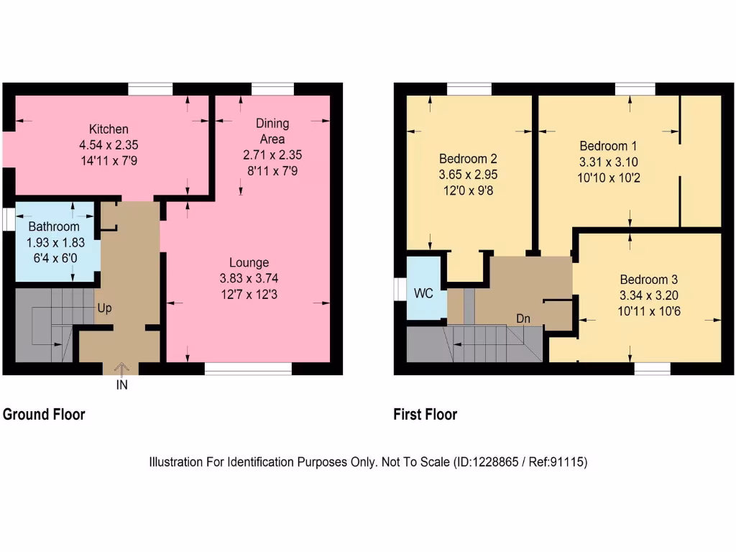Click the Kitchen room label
(x=109, y=129)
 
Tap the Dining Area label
(x=272, y=131)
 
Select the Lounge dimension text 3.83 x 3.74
(x=249, y=277)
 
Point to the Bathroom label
(x=54, y=227)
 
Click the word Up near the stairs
(x=105, y=308)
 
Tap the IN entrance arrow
(x=121, y=369)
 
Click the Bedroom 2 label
(x=468, y=158)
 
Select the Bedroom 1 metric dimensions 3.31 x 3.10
(x=608, y=162)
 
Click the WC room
(x=423, y=294)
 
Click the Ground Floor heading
(x=44, y=415)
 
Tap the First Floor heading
(x=425, y=415)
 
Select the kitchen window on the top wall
(x=150, y=88)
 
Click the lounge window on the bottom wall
(x=248, y=369)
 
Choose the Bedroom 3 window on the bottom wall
(x=652, y=369)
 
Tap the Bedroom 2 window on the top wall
(x=469, y=88)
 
